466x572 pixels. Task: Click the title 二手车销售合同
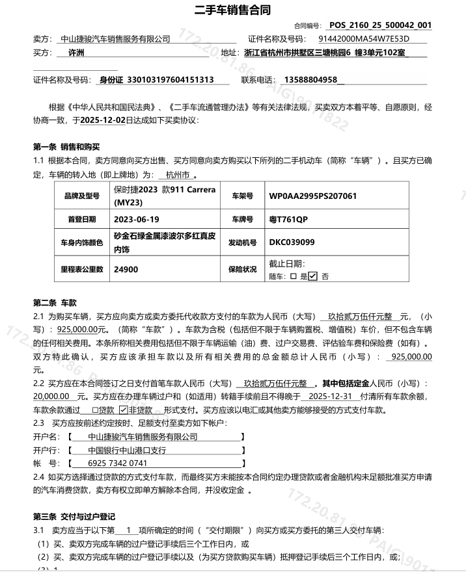(232, 10)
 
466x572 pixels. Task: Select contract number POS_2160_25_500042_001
(380, 25)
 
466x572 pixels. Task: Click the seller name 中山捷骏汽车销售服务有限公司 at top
(115, 39)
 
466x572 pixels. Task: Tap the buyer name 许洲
(76, 53)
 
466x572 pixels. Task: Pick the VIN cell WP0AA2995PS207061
(313, 196)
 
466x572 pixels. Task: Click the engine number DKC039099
(292, 242)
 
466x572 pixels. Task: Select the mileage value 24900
(126, 268)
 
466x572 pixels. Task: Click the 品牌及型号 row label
(81, 196)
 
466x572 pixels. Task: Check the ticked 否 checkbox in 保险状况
(313, 276)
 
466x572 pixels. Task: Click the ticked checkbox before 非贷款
(123, 410)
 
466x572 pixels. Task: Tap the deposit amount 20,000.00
(52, 396)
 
